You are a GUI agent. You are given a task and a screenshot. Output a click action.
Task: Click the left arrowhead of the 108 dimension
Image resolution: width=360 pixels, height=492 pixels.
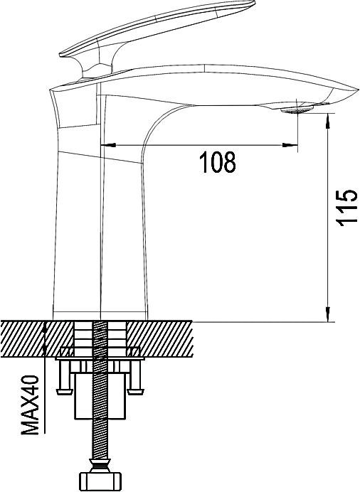pos(108,145)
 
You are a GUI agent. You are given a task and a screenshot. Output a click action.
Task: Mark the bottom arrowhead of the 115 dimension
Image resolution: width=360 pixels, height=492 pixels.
pos(328,314)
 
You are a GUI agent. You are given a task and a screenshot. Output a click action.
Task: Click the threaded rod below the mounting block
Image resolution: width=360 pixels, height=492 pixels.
pos(101,441)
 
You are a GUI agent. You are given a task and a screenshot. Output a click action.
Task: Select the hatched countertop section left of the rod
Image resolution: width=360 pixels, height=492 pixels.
pos(36,338)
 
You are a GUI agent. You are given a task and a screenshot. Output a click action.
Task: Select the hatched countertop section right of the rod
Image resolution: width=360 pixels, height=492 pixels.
pos(164,338)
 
